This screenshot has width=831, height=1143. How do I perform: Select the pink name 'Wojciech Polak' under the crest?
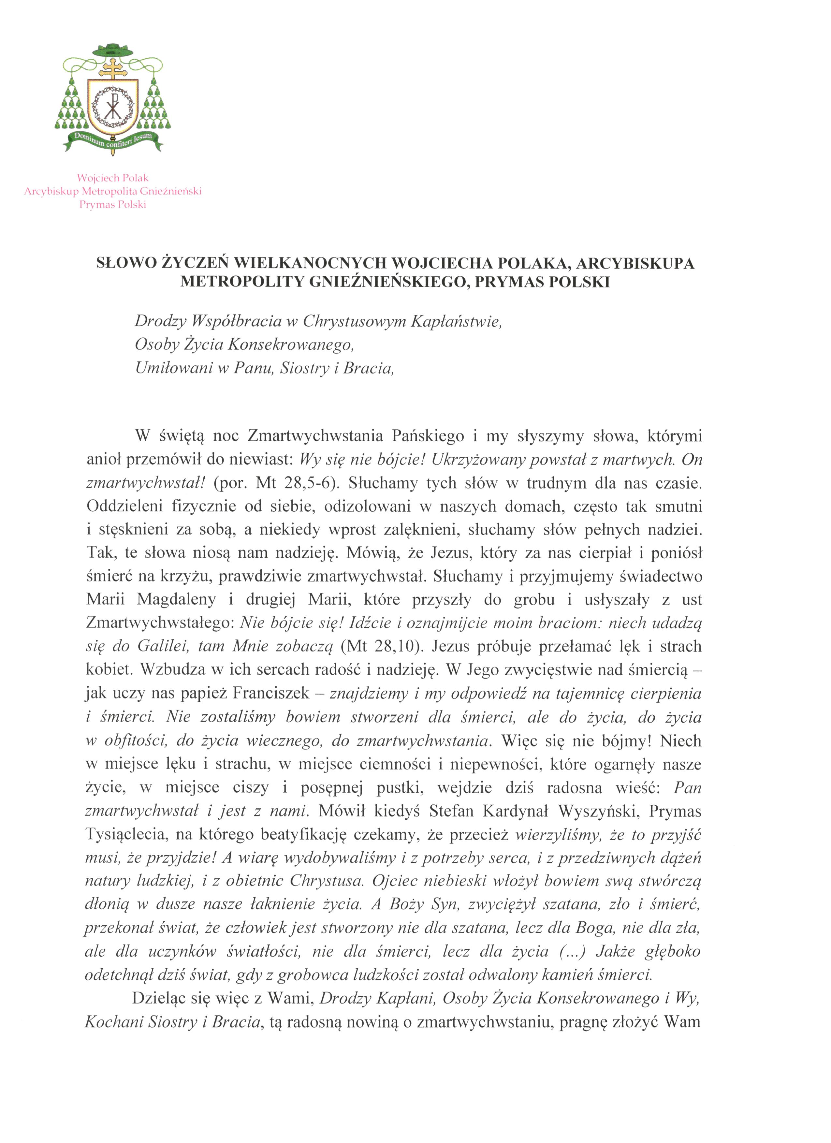pyautogui.click(x=113, y=178)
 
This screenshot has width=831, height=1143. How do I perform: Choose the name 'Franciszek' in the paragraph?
pyautogui.click(x=271, y=694)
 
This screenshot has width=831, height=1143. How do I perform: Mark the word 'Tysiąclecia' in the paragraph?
pyautogui.click(x=126, y=835)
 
